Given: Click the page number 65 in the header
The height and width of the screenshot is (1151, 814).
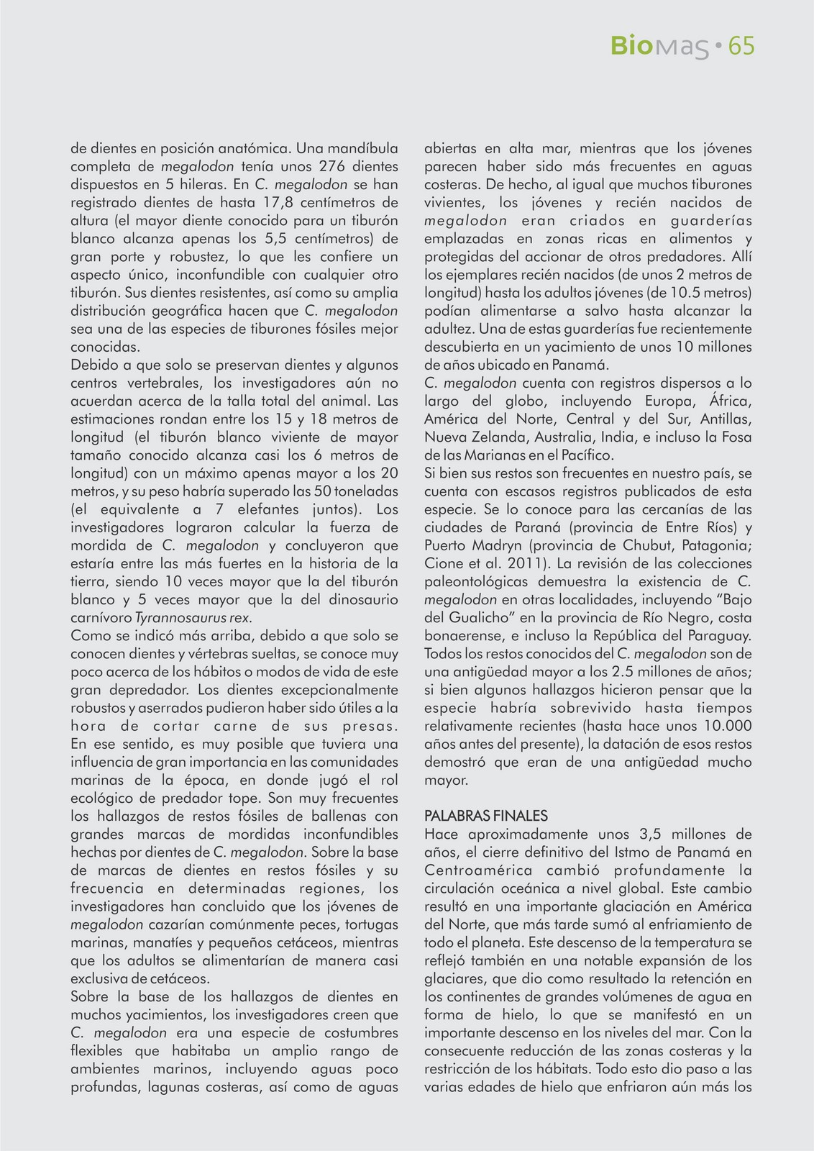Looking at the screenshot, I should click(x=741, y=47).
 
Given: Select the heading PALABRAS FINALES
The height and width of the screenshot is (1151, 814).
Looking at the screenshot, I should click(x=486, y=816).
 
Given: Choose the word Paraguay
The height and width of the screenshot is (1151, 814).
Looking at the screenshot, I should click(x=721, y=636).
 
